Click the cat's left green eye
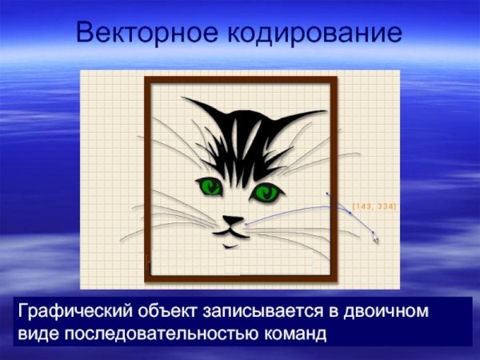[x=210, y=187]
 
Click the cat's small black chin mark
[x=231, y=246]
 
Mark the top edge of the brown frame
[x=240, y=81]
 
